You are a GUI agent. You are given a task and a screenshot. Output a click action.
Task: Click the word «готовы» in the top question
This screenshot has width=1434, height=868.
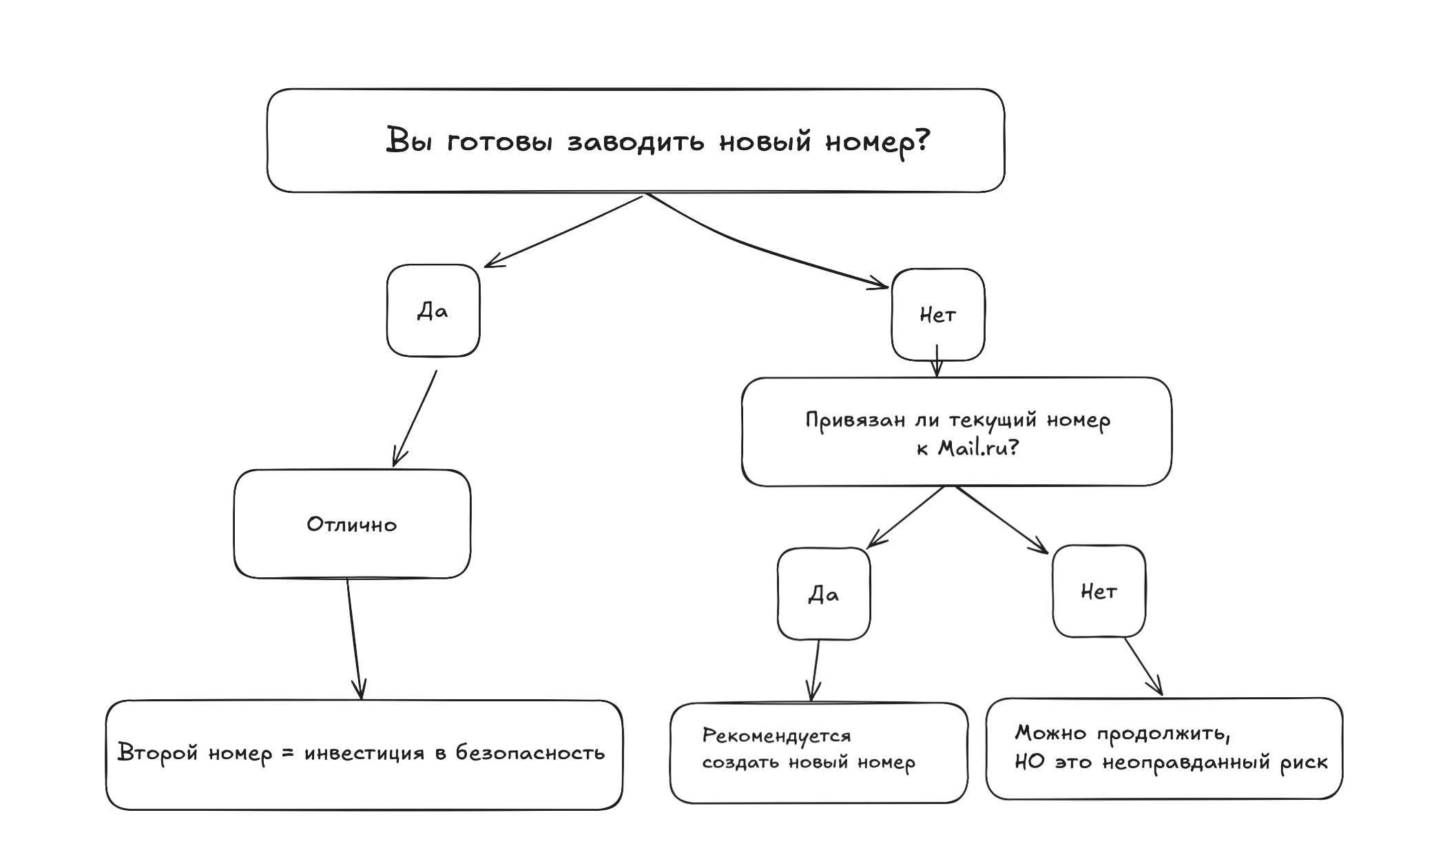click(499, 142)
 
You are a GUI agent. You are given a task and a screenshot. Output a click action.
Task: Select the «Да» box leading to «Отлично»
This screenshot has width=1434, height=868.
click(433, 311)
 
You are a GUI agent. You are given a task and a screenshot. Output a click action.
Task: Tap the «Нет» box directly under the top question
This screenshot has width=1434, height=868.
click(937, 315)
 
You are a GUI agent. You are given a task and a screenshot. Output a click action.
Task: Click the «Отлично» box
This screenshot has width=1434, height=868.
click(352, 524)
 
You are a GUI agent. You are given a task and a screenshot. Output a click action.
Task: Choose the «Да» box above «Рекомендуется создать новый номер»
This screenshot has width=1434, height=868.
click(823, 594)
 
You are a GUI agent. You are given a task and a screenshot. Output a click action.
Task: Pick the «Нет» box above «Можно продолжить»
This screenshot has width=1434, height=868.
click(1099, 591)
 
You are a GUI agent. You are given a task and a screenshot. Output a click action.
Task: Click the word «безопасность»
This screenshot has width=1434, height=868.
click(530, 752)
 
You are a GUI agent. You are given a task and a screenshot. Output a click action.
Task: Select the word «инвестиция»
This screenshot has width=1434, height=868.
click(364, 753)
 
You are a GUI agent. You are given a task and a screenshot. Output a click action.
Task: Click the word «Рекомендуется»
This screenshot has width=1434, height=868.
click(776, 736)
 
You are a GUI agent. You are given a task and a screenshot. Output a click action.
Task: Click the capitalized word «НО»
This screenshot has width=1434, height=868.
click(1029, 762)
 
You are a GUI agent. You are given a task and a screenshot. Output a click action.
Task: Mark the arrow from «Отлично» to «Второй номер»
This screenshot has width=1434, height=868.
click(354, 637)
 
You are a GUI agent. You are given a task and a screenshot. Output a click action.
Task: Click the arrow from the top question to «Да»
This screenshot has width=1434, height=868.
click(563, 231)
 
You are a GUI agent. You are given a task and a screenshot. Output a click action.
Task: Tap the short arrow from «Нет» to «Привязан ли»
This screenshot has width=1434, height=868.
click(937, 361)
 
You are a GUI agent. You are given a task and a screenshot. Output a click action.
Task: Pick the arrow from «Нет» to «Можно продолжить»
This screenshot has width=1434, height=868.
click(1143, 666)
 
